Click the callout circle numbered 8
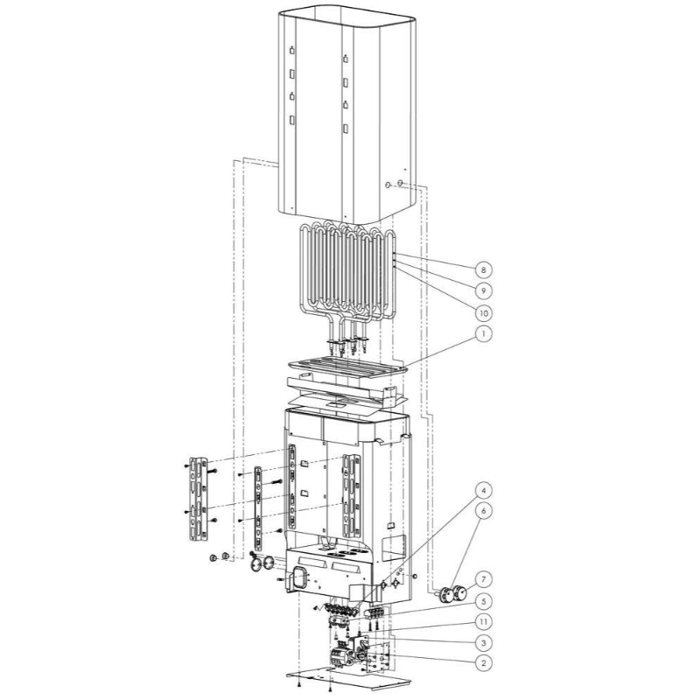tap(483, 269)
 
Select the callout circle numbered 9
tap(483, 291)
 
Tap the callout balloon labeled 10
tap(484, 313)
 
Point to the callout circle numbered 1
tap(483, 333)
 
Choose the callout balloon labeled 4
tap(483, 491)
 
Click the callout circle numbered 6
tap(483, 511)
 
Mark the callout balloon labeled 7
tap(483, 580)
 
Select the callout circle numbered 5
tap(483, 601)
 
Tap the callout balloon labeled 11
tap(483, 622)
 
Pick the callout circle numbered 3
tap(483, 643)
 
